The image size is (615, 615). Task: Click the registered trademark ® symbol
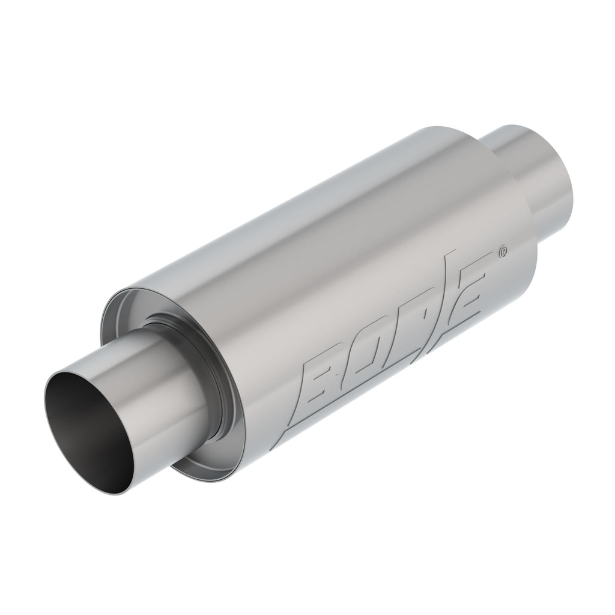click(503, 253)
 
